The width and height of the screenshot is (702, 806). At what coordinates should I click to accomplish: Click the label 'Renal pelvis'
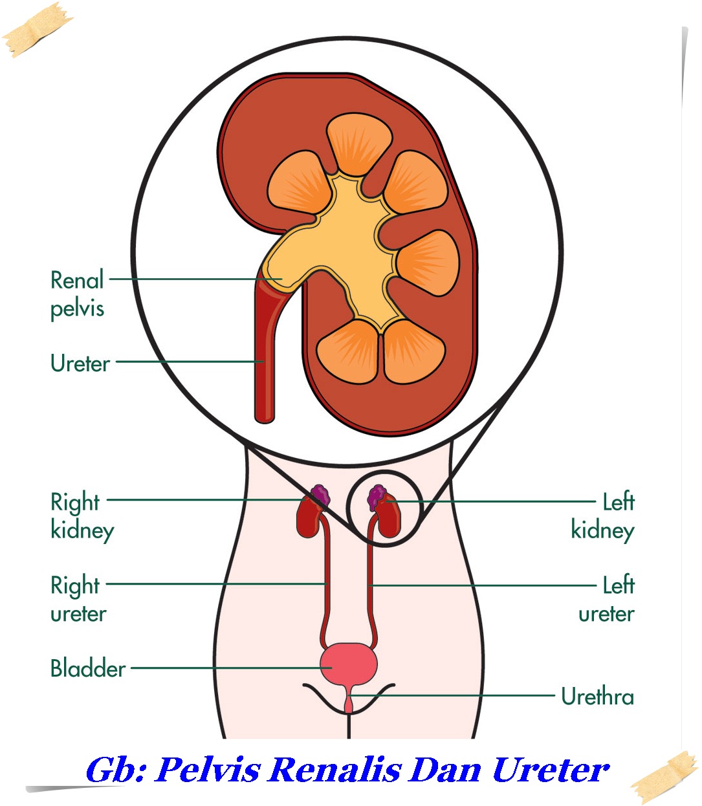click(77, 294)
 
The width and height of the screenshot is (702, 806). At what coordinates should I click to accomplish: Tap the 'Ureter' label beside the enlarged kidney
click(80, 364)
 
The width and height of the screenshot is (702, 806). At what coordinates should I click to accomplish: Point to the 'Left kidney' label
click(603, 516)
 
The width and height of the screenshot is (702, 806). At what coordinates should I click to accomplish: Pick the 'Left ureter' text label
click(607, 599)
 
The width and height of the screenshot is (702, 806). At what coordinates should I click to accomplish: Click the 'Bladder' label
click(88, 668)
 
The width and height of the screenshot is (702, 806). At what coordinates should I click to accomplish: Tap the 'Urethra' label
click(597, 697)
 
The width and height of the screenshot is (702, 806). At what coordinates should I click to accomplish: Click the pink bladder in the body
click(349, 664)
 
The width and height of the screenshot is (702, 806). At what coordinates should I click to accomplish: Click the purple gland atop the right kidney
click(320, 496)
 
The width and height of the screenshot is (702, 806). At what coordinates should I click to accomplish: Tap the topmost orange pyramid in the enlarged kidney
click(359, 144)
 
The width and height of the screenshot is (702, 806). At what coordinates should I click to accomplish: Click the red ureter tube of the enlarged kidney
click(264, 362)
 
